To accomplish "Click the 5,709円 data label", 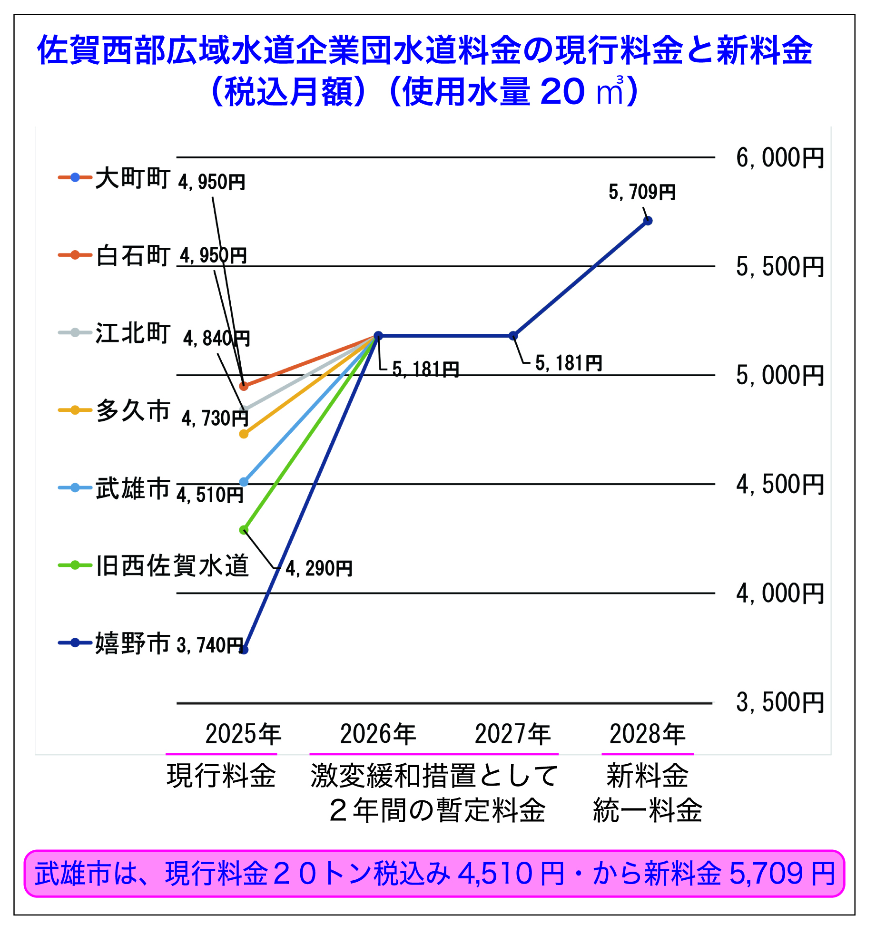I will pyautogui.click(x=642, y=192).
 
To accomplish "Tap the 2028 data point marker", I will pyautogui.click(x=648, y=221).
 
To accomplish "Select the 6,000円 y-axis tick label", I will pyautogui.click(x=779, y=158).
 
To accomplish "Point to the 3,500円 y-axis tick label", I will pyautogui.click(x=779, y=702).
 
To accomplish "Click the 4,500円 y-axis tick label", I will pyautogui.click(x=779, y=485).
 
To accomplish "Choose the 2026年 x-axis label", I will pyautogui.click(x=378, y=734).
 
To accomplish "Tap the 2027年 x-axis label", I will pyautogui.click(x=513, y=734).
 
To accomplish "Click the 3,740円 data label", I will pyautogui.click(x=209, y=645).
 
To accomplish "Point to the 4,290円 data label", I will pyautogui.click(x=319, y=568).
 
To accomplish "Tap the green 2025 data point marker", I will pyautogui.click(x=244, y=530).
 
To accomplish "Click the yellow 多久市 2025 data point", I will pyautogui.click(x=244, y=434).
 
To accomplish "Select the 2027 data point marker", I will pyautogui.click(x=513, y=336).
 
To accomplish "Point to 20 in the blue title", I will pyautogui.click(x=562, y=91).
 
